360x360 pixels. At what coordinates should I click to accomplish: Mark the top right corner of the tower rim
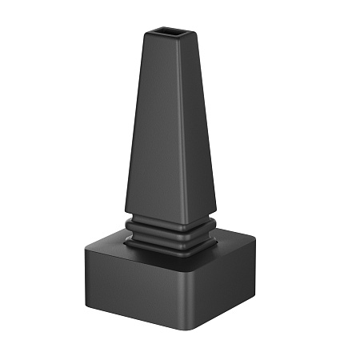click(196, 30)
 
